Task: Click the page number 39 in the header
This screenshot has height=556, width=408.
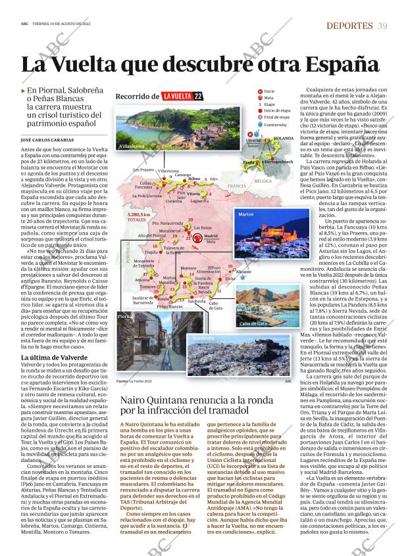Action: point(383,26)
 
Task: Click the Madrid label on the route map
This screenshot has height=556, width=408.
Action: point(211,235)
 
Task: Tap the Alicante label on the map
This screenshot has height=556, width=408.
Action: point(243,271)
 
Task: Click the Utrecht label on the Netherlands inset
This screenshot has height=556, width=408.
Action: point(253,141)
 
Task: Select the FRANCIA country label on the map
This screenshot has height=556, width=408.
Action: point(236,186)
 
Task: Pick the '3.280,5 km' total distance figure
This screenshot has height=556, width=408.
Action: point(138,214)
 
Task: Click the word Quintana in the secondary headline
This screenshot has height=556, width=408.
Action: point(165,400)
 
